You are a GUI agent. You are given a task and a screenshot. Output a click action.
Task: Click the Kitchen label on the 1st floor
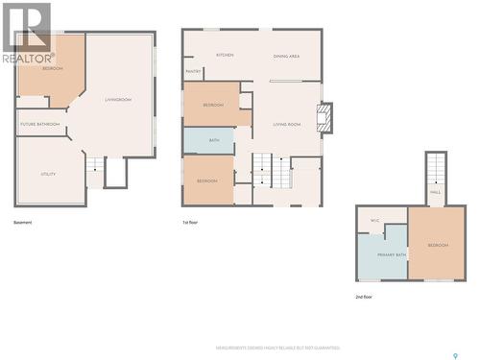pos(226,56)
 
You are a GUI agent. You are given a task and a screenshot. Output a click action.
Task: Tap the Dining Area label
pos(286,57)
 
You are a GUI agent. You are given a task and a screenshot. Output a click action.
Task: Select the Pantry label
pos(193,71)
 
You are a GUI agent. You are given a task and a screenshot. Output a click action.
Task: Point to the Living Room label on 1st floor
pos(287,124)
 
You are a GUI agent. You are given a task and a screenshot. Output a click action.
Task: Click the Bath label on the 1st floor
pos(214,141)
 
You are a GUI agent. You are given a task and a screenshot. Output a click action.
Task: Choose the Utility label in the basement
pos(48,174)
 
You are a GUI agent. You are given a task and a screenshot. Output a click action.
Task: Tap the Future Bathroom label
pos(40,124)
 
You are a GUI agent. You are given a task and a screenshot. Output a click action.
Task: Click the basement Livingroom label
pos(118,100)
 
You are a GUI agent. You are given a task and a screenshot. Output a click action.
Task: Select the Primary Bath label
pos(392,254)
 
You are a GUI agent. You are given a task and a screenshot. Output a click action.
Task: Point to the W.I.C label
pos(374,221)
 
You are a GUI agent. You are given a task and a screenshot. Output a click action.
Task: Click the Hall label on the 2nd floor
pos(435,192)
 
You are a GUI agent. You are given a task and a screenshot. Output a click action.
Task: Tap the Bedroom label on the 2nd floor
pos(438,246)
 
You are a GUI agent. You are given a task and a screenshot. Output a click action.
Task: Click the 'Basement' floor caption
pos(23,222)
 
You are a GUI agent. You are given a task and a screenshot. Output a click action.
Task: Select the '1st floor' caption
pos(190,222)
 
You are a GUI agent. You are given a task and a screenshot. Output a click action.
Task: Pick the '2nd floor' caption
pos(364,297)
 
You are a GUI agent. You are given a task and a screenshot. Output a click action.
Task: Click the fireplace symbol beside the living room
pos(325,117)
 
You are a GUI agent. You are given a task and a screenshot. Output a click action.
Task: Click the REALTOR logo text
pos(28,59)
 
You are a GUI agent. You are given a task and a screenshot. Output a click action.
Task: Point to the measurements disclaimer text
pos(277,348)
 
